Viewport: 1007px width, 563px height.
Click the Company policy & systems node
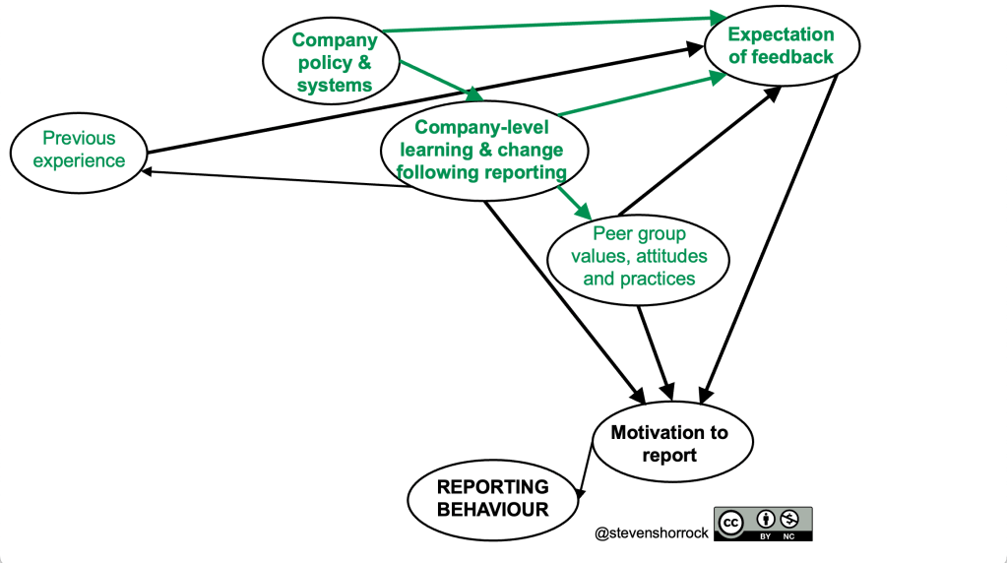pos(335,63)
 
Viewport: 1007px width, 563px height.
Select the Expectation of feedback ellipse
pos(781,45)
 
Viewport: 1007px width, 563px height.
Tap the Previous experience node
pos(79,150)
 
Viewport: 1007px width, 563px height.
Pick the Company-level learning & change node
pos(484,150)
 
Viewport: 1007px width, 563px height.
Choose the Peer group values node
pos(639,257)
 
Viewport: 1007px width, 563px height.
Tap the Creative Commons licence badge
pos(763,523)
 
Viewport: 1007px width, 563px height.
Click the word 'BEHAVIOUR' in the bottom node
pos(492,509)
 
